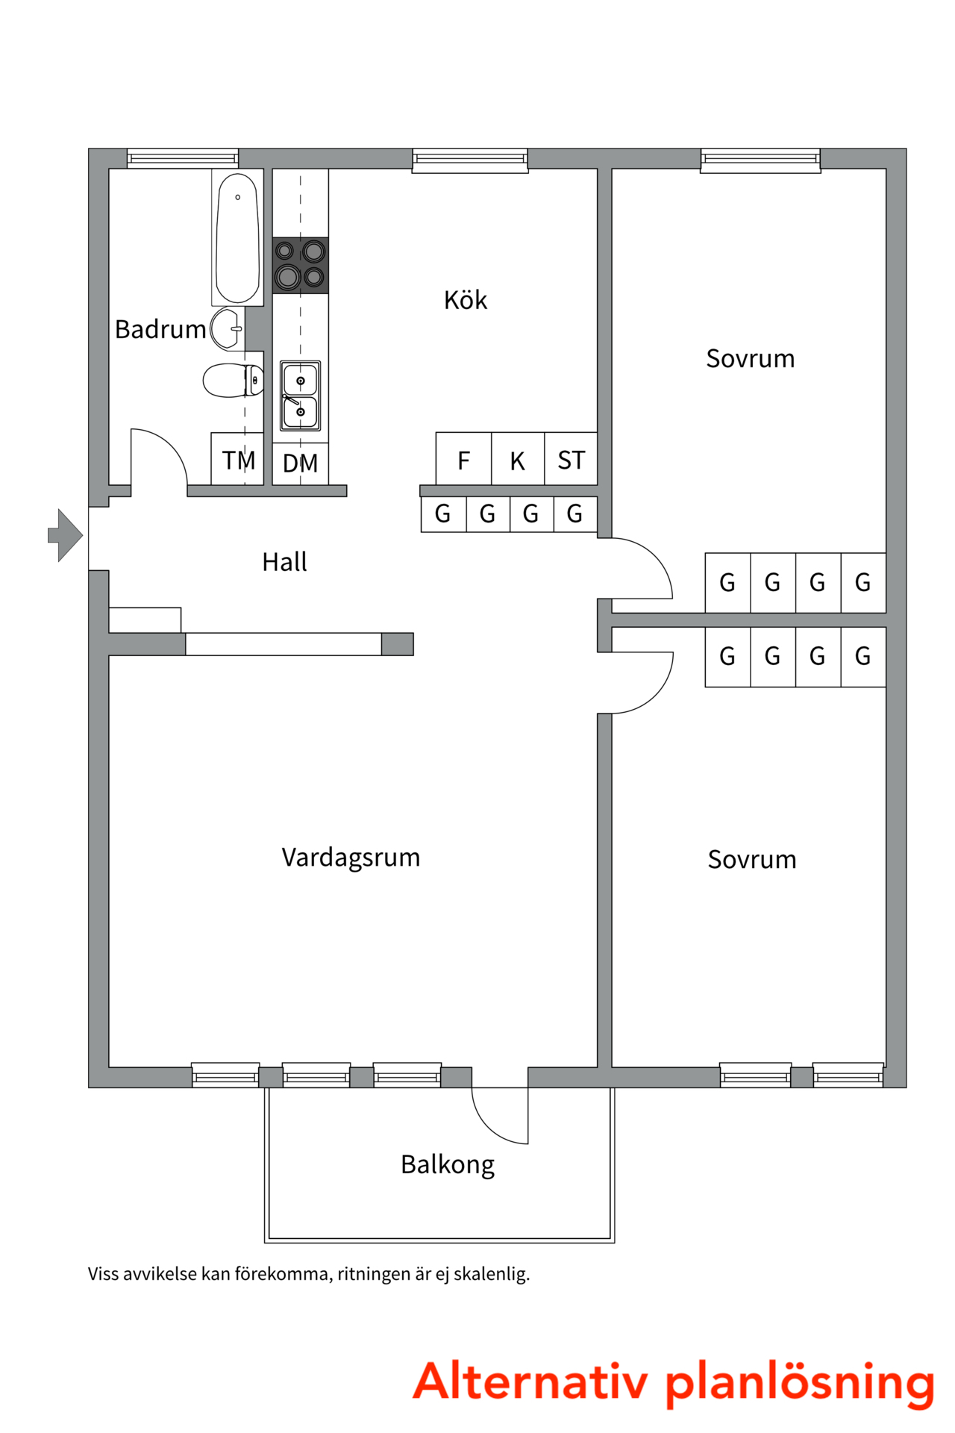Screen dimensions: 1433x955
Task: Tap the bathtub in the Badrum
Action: point(237,237)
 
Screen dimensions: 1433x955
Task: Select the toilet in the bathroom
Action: point(231,380)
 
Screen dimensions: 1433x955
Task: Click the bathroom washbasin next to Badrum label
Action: point(226,328)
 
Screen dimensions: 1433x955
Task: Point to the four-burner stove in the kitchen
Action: point(300,265)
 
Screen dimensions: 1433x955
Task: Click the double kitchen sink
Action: point(300,396)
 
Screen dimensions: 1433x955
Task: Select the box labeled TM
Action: point(237,460)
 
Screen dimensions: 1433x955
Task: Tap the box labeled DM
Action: point(300,463)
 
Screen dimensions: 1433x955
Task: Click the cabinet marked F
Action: point(463,460)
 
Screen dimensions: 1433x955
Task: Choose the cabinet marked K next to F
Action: point(517,461)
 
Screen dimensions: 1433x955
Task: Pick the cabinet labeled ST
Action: point(571,460)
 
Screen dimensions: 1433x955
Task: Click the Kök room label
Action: point(465,300)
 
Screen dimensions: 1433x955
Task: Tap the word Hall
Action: point(284,561)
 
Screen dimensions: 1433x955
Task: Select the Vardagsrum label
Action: point(351,857)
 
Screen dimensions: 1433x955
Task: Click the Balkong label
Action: point(447,1164)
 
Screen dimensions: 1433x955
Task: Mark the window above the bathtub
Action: point(182,158)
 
